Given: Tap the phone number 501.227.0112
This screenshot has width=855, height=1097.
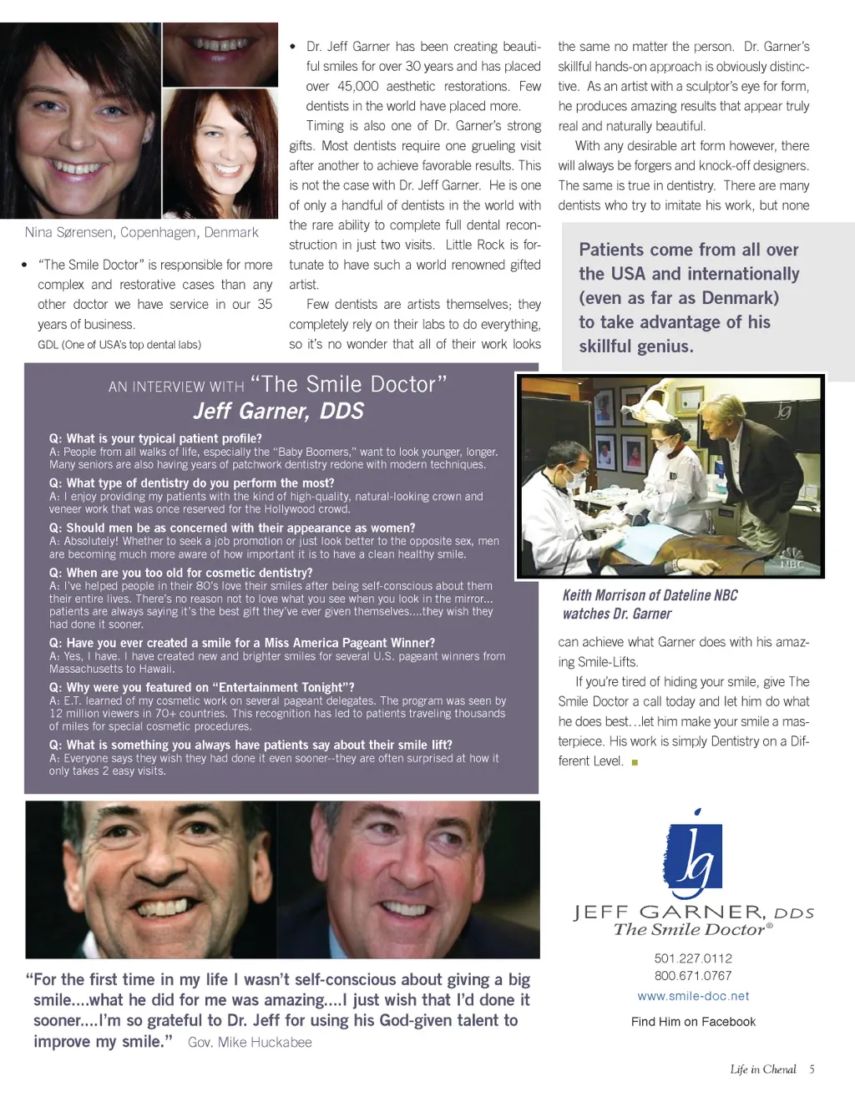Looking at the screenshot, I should [693, 958].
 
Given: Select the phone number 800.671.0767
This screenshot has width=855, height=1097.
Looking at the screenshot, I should [693, 976].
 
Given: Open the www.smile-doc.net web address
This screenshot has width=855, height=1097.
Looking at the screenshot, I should [693, 996].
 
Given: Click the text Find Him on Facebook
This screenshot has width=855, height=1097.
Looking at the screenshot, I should [693, 1022].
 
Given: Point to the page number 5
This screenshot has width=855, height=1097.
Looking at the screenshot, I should [812, 1069].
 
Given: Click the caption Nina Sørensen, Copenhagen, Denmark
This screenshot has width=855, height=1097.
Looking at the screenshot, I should [141, 233].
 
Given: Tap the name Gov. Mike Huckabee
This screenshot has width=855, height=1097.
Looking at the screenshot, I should [250, 1043].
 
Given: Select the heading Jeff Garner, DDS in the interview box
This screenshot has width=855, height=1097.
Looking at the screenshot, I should [279, 411].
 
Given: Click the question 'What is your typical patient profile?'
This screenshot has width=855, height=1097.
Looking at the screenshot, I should [155, 438].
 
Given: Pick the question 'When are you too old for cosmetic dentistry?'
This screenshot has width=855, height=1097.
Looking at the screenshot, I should [180, 573].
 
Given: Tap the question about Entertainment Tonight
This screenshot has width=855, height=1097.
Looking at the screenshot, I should [202, 687].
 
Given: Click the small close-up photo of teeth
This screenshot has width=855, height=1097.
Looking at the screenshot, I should [220, 53].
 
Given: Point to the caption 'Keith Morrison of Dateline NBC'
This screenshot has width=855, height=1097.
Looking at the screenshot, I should [650, 595].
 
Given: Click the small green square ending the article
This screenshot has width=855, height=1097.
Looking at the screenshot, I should [635, 762].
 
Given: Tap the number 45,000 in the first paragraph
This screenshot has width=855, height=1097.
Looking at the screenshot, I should [357, 86].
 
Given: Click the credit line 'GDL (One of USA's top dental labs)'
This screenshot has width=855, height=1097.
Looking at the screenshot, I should [119, 345].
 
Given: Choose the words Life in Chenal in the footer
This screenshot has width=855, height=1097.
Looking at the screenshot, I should [762, 1069].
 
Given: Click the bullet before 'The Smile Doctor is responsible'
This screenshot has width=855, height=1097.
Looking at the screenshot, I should [24, 265].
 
